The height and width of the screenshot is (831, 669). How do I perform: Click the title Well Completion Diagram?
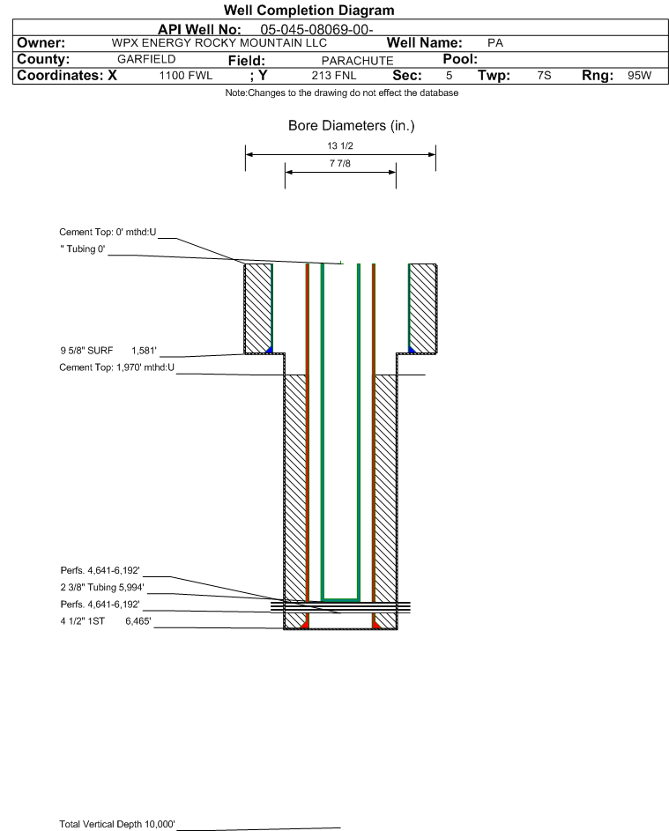(x=309, y=11)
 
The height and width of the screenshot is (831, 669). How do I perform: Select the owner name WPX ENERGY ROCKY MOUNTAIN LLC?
(x=219, y=43)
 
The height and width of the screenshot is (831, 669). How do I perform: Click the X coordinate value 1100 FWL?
(x=186, y=77)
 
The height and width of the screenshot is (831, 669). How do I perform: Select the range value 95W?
(x=639, y=77)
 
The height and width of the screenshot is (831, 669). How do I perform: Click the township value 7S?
(x=544, y=77)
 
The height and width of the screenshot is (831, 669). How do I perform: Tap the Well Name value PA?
(x=494, y=43)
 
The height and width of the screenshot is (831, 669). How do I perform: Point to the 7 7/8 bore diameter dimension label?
(x=339, y=164)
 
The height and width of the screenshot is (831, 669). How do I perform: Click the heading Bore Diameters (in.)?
(x=351, y=126)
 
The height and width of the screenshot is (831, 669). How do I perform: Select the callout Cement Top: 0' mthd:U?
(x=108, y=233)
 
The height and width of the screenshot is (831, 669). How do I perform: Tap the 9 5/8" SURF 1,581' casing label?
(x=108, y=351)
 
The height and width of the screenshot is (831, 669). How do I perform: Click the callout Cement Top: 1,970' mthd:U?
(x=116, y=367)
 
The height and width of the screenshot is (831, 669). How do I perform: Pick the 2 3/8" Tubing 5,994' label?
(x=101, y=587)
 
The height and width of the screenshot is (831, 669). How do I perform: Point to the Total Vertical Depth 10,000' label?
(x=117, y=824)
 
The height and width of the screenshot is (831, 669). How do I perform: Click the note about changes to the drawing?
(x=342, y=93)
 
